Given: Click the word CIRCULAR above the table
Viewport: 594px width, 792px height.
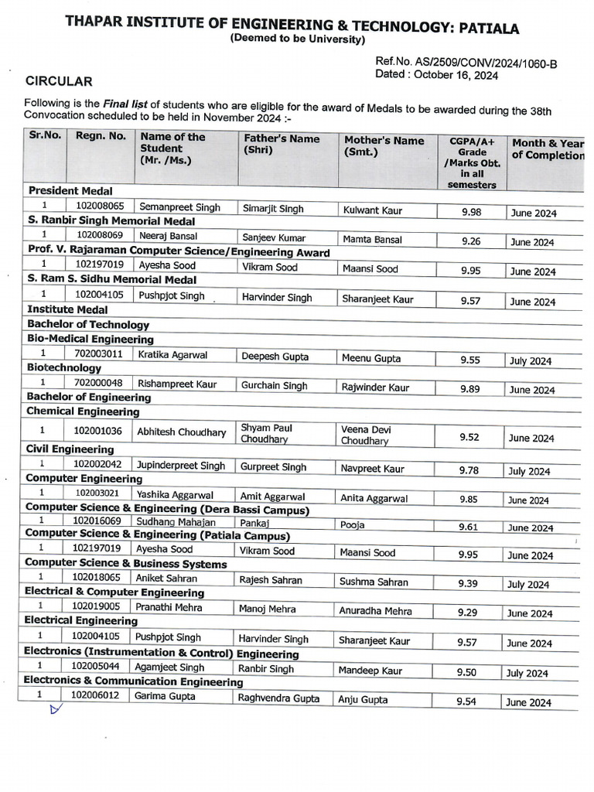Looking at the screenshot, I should coord(60,80).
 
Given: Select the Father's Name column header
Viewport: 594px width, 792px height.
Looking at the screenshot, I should coord(282,145).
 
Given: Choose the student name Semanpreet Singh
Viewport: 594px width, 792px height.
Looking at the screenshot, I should coord(179,207).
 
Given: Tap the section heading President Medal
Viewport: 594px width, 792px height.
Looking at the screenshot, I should coord(70,190).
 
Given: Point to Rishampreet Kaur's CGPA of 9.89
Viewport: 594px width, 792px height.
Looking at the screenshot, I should coord(470,389).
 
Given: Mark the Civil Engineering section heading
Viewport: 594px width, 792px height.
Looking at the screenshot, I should coord(70,449).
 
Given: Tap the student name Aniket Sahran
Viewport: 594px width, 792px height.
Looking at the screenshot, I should coord(167,578).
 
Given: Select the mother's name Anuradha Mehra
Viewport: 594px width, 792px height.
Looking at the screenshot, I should coord(375,610).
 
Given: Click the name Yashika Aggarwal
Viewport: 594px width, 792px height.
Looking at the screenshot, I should coord(175,496).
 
